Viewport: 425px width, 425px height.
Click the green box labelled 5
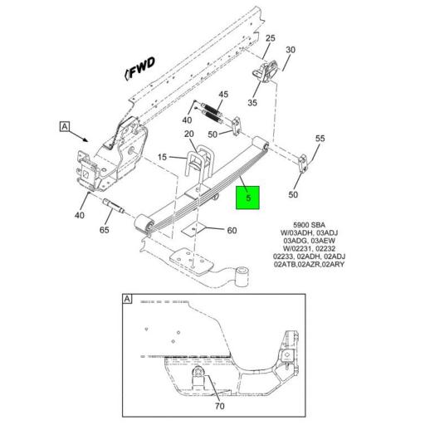(248, 198)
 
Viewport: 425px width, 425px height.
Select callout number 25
(270, 38)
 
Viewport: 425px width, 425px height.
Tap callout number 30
(291, 51)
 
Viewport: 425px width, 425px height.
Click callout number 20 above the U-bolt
(188, 134)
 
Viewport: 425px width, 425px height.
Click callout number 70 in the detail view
(219, 406)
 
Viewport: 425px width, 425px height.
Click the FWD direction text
(140, 73)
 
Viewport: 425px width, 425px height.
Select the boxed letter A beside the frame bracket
(64, 126)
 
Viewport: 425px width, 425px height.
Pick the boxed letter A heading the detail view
(127, 298)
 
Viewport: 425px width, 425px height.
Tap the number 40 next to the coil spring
(186, 120)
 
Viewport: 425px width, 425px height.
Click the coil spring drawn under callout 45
(214, 110)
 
